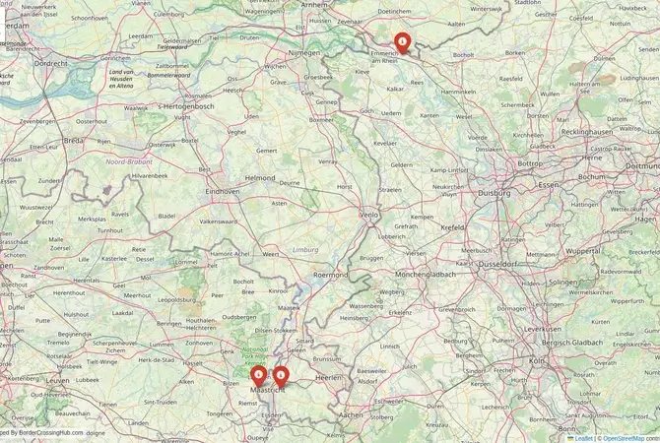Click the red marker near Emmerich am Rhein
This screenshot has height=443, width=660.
click(402, 41)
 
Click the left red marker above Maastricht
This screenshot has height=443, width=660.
click(259, 375)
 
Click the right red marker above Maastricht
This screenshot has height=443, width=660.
click(281, 375)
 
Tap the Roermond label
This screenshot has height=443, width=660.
click(331, 276)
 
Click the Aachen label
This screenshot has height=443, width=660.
click(352, 415)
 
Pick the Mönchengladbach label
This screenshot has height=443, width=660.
click(427, 274)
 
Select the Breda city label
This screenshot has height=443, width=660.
click(74, 140)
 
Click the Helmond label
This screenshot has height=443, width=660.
click(259, 177)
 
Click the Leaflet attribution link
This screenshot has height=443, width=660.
click(584, 438)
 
